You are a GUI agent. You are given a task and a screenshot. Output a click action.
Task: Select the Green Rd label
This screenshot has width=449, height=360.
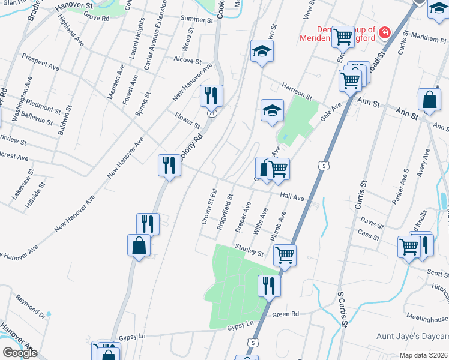pyautogui.click(x=285, y=314)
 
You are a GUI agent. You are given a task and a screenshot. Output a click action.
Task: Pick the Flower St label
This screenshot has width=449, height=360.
pyautogui.click(x=187, y=120)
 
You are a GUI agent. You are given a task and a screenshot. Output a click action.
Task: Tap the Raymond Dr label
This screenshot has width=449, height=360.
pyautogui.click(x=31, y=304)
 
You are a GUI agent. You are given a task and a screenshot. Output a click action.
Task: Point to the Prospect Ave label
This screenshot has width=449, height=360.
pyautogui.click(x=41, y=62)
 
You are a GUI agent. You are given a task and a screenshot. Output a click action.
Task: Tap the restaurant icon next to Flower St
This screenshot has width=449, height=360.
pyautogui.click(x=211, y=95)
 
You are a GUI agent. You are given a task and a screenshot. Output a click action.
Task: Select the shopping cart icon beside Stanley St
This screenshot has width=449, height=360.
pyautogui.click(x=285, y=255)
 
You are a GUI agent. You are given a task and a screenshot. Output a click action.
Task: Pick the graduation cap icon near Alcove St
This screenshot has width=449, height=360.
pyautogui.click(x=262, y=52)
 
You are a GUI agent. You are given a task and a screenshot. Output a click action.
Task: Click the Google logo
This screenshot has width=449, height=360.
pyautogui.click(x=20, y=353)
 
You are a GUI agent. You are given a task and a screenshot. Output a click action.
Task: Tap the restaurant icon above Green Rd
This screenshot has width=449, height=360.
pyautogui.click(x=269, y=286)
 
